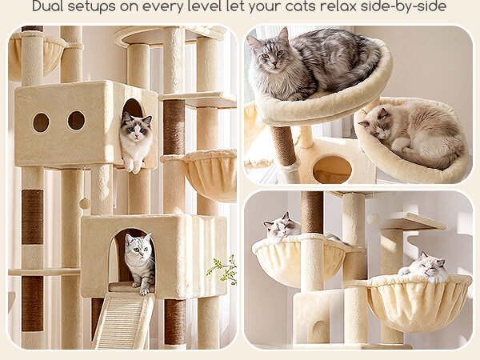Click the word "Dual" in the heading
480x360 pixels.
click(x=47, y=6)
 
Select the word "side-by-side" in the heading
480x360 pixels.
click(x=403, y=6)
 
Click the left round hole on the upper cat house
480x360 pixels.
click(x=41, y=122)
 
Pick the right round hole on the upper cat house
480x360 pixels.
click(x=76, y=120)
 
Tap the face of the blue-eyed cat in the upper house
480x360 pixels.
click(x=137, y=128)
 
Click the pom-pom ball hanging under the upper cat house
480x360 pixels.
click(x=84, y=203)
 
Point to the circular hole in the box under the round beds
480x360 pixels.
click(x=333, y=170)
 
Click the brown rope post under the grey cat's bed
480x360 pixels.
click(x=283, y=146)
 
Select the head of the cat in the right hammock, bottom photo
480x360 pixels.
click(x=428, y=265)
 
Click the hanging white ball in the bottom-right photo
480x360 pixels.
click(x=373, y=218)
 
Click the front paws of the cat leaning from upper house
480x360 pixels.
click(x=133, y=166)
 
